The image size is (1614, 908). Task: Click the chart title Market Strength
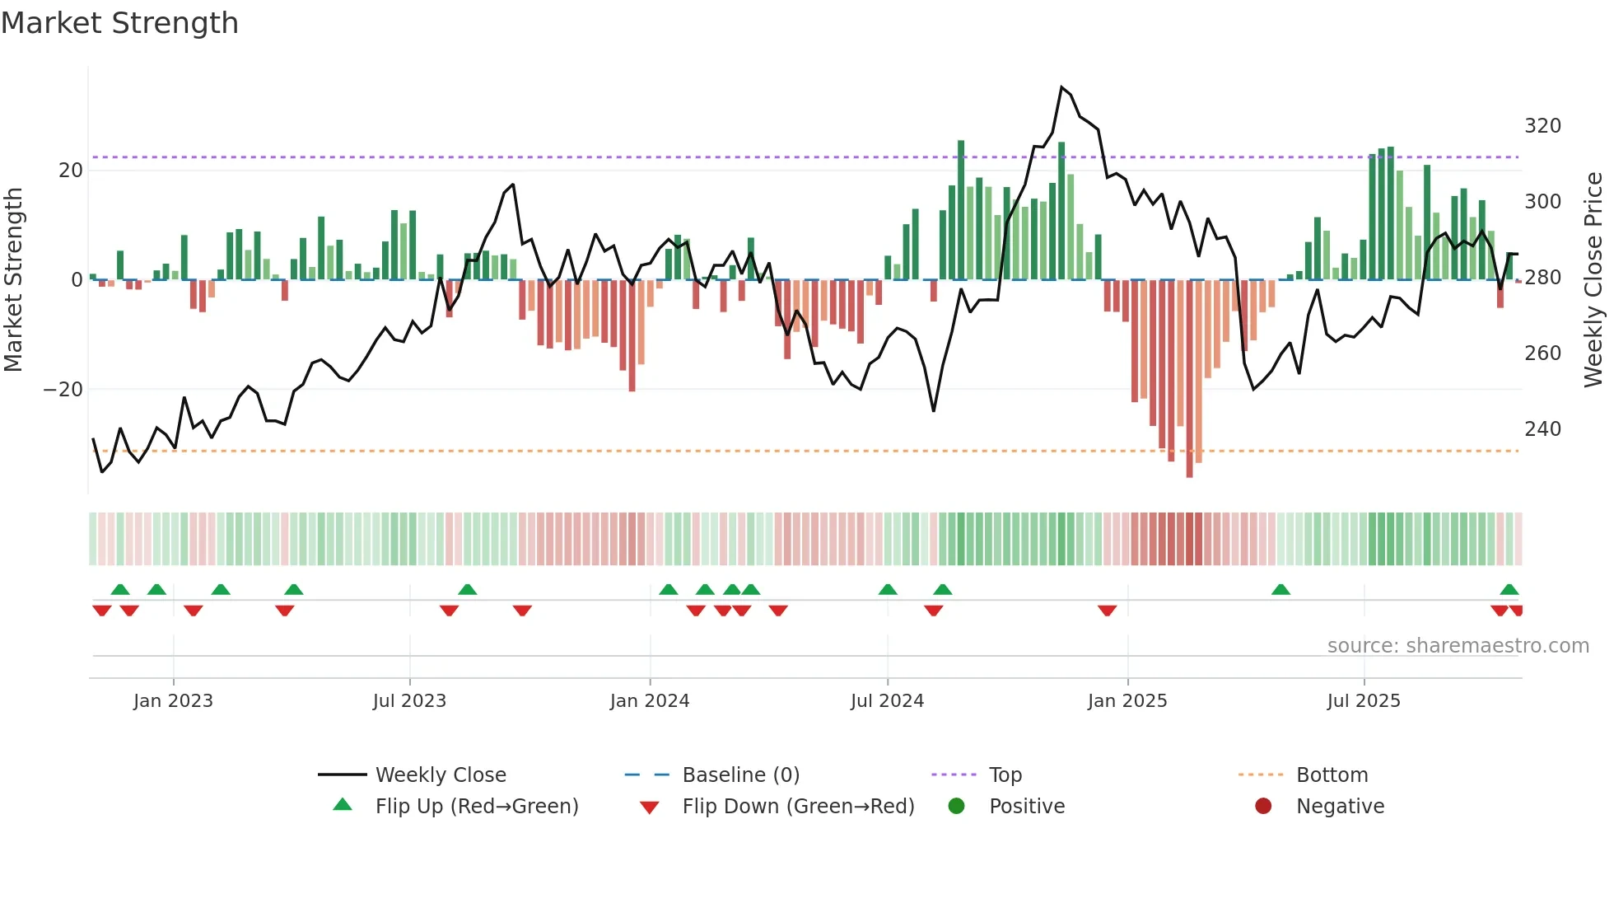(119, 23)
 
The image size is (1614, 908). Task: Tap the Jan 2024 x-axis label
(649, 701)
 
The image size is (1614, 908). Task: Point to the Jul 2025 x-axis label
(1363, 701)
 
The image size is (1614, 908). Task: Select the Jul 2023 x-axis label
(409, 701)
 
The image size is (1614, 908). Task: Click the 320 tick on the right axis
(1542, 126)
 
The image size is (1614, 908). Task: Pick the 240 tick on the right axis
(1542, 429)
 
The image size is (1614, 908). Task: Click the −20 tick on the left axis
(63, 390)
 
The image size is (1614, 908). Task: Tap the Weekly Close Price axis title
(1594, 279)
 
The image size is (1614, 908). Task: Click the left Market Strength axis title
(13, 279)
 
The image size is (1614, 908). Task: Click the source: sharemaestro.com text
(1458, 646)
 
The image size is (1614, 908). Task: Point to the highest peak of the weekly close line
(1061, 87)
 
